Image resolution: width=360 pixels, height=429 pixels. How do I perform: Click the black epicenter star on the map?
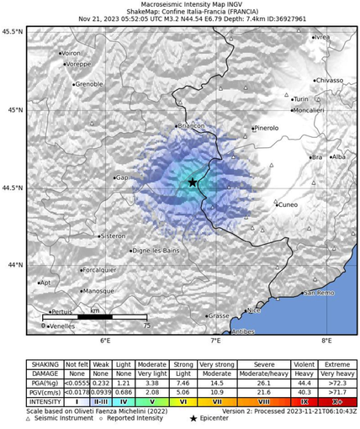[x=193, y=182]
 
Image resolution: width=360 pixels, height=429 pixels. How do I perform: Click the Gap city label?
[x=122, y=177]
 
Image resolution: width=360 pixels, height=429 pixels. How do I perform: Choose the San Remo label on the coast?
[x=320, y=293]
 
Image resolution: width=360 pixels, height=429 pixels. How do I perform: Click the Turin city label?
[x=301, y=99]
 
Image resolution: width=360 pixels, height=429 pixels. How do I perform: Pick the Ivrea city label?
[x=321, y=38]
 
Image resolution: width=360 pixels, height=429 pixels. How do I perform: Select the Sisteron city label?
[x=112, y=236]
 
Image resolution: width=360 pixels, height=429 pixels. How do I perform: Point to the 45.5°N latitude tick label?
[x=13, y=31]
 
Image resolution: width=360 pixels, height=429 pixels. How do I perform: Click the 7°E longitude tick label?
[x=215, y=341]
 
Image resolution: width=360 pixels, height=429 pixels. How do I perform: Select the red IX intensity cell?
[x=304, y=403]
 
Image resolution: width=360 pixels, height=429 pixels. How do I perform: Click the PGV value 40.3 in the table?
[x=304, y=392]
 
